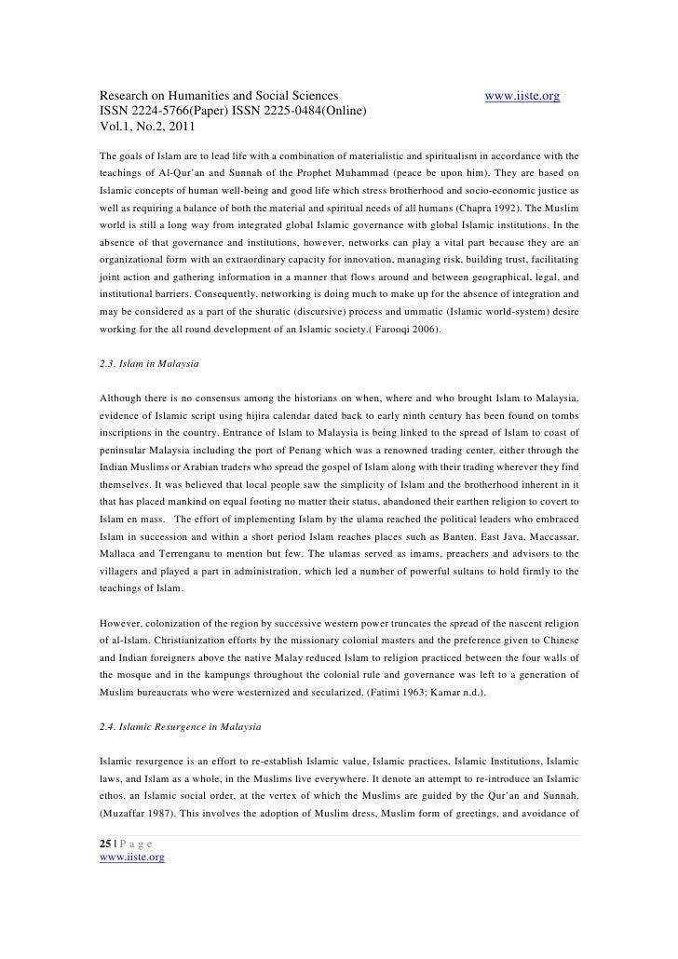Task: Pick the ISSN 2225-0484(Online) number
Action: [x=304, y=113]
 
